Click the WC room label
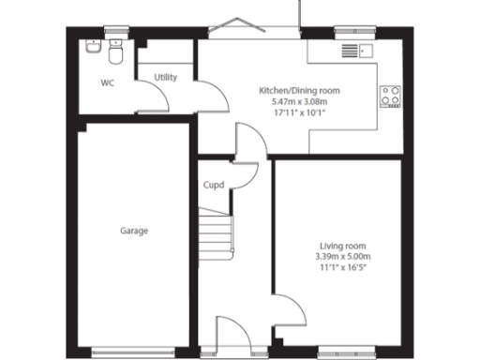(109, 82)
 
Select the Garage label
(134, 230)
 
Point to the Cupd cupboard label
(214, 185)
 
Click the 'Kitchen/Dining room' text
(299, 90)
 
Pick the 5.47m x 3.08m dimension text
(299, 101)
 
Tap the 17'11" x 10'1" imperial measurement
(299, 112)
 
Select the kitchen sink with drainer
(357, 51)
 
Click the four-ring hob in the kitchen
(390, 94)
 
